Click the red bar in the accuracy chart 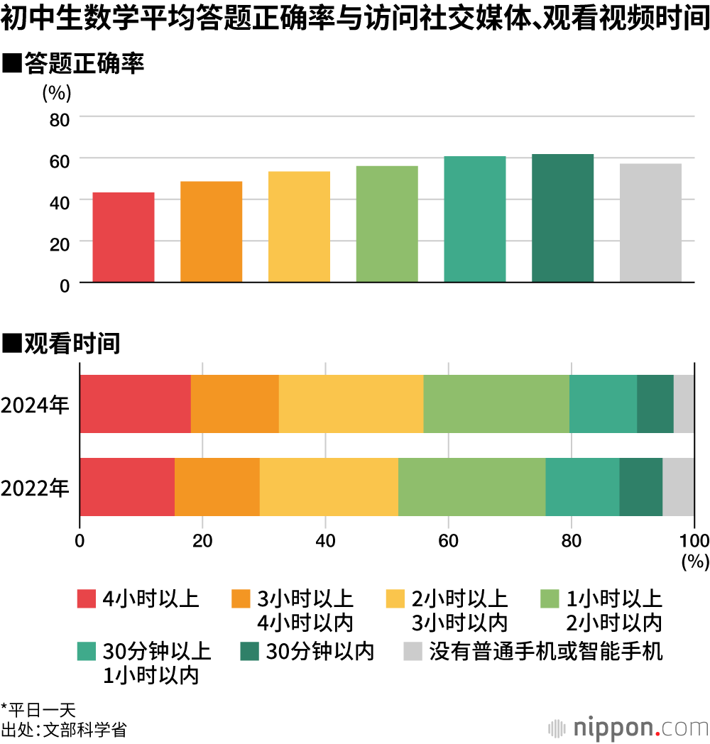124,237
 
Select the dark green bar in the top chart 562,218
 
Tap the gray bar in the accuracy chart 650,223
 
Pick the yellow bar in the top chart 299,226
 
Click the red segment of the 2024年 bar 135,403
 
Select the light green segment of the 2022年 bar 471,487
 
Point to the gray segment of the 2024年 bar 684,403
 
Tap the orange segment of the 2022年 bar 217,487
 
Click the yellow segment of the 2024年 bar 351,403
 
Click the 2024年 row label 35,405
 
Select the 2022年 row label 35,488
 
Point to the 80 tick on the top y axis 60,119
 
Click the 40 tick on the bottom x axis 325,541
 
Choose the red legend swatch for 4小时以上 86,599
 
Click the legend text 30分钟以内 319,651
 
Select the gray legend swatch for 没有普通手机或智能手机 413,651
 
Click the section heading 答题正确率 84,65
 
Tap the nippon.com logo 628,727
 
